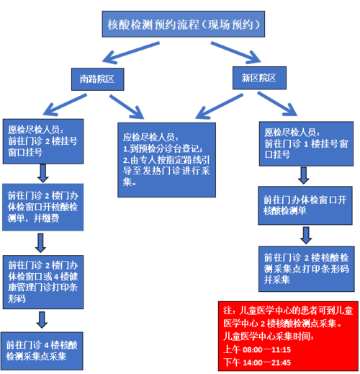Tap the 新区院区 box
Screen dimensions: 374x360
[x=259, y=76]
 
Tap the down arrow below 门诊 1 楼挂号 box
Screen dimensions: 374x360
[x=304, y=174]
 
